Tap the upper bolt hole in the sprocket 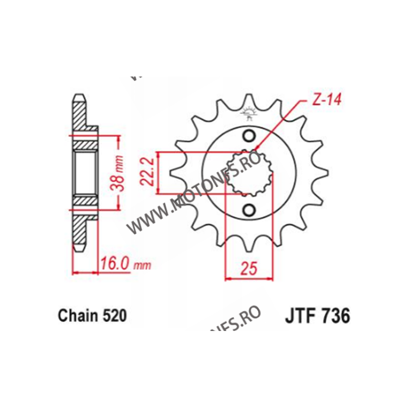click(249, 136)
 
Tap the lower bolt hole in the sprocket click(249, 210)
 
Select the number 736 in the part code click(334, 316)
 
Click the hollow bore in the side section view click(84, 172)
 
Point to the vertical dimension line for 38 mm click(119, 172)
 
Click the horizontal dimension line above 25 click(247, 278)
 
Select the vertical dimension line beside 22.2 click(160, 173)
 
